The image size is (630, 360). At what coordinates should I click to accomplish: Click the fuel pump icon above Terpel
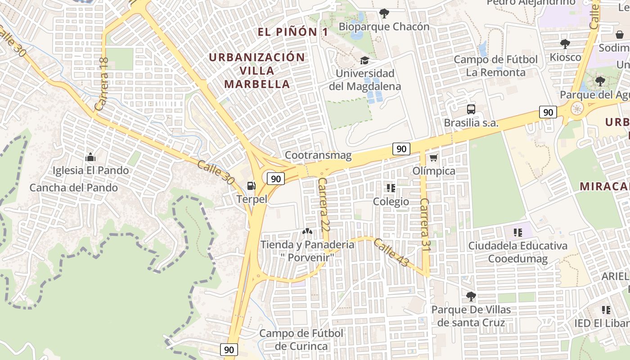[251, 185]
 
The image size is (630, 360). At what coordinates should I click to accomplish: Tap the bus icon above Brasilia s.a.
[471, 109]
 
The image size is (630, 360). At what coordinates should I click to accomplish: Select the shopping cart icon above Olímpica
[433, 157]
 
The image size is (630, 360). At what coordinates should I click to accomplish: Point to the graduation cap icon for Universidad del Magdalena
[364, 60]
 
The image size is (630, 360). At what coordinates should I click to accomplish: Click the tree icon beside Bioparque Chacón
[384, 13]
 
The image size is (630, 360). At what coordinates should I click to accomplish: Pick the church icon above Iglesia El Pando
[90, 157]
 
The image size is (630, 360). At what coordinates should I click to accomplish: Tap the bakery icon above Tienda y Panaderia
[307, 232]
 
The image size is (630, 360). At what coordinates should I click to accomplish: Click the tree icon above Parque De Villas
[471, 296]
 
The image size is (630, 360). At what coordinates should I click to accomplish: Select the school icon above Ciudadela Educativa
[517, 232]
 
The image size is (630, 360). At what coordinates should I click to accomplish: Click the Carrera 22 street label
[324, 204]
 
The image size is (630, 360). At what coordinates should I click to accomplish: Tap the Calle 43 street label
[391, 252]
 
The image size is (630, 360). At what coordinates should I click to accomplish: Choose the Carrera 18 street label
[102, 85]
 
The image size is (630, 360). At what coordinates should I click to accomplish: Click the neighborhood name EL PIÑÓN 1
[292, 32]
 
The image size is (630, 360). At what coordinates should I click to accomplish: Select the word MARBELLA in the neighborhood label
[257, 84]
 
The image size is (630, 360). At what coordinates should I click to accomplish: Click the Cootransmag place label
[318, 155]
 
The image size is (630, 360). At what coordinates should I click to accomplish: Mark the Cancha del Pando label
[74, 188]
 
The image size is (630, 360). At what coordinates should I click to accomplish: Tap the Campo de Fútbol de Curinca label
[301, 340]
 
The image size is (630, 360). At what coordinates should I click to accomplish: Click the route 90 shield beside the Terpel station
[276, 179]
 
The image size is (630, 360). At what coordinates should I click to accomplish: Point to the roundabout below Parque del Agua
[577, 108]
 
